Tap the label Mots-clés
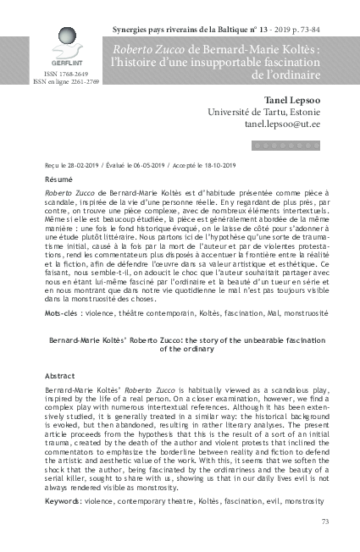(59, 312)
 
